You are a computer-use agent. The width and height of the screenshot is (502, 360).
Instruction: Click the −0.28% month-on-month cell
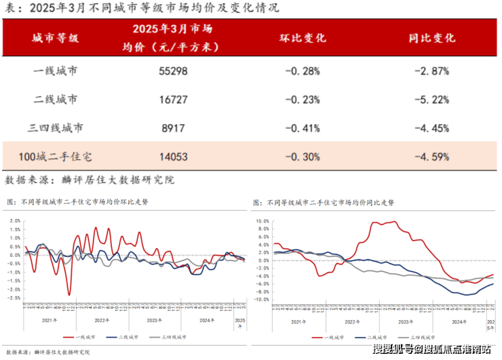pos(302,71)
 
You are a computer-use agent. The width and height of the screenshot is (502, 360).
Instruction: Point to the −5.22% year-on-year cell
pos(432,99)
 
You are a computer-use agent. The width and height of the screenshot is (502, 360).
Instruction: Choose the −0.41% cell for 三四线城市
pos(302,127)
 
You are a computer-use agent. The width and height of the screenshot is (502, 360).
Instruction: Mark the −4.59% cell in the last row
pos(432,157)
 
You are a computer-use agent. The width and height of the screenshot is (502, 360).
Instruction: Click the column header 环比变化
pos(303,38)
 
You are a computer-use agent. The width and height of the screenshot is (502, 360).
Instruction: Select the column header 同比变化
pos(432,38)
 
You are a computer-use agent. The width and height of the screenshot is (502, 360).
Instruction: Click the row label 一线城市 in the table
pos(56,71)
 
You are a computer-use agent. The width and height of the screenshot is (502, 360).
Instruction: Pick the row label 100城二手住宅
pos(56,157)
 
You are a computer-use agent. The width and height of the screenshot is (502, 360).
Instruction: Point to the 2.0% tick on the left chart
pos(14,221)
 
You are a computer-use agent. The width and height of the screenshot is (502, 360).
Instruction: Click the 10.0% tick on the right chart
pos(262,221)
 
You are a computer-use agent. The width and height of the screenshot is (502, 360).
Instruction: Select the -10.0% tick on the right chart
pos(261,299)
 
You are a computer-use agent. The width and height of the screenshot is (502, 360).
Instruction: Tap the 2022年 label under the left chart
pos(102,319)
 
